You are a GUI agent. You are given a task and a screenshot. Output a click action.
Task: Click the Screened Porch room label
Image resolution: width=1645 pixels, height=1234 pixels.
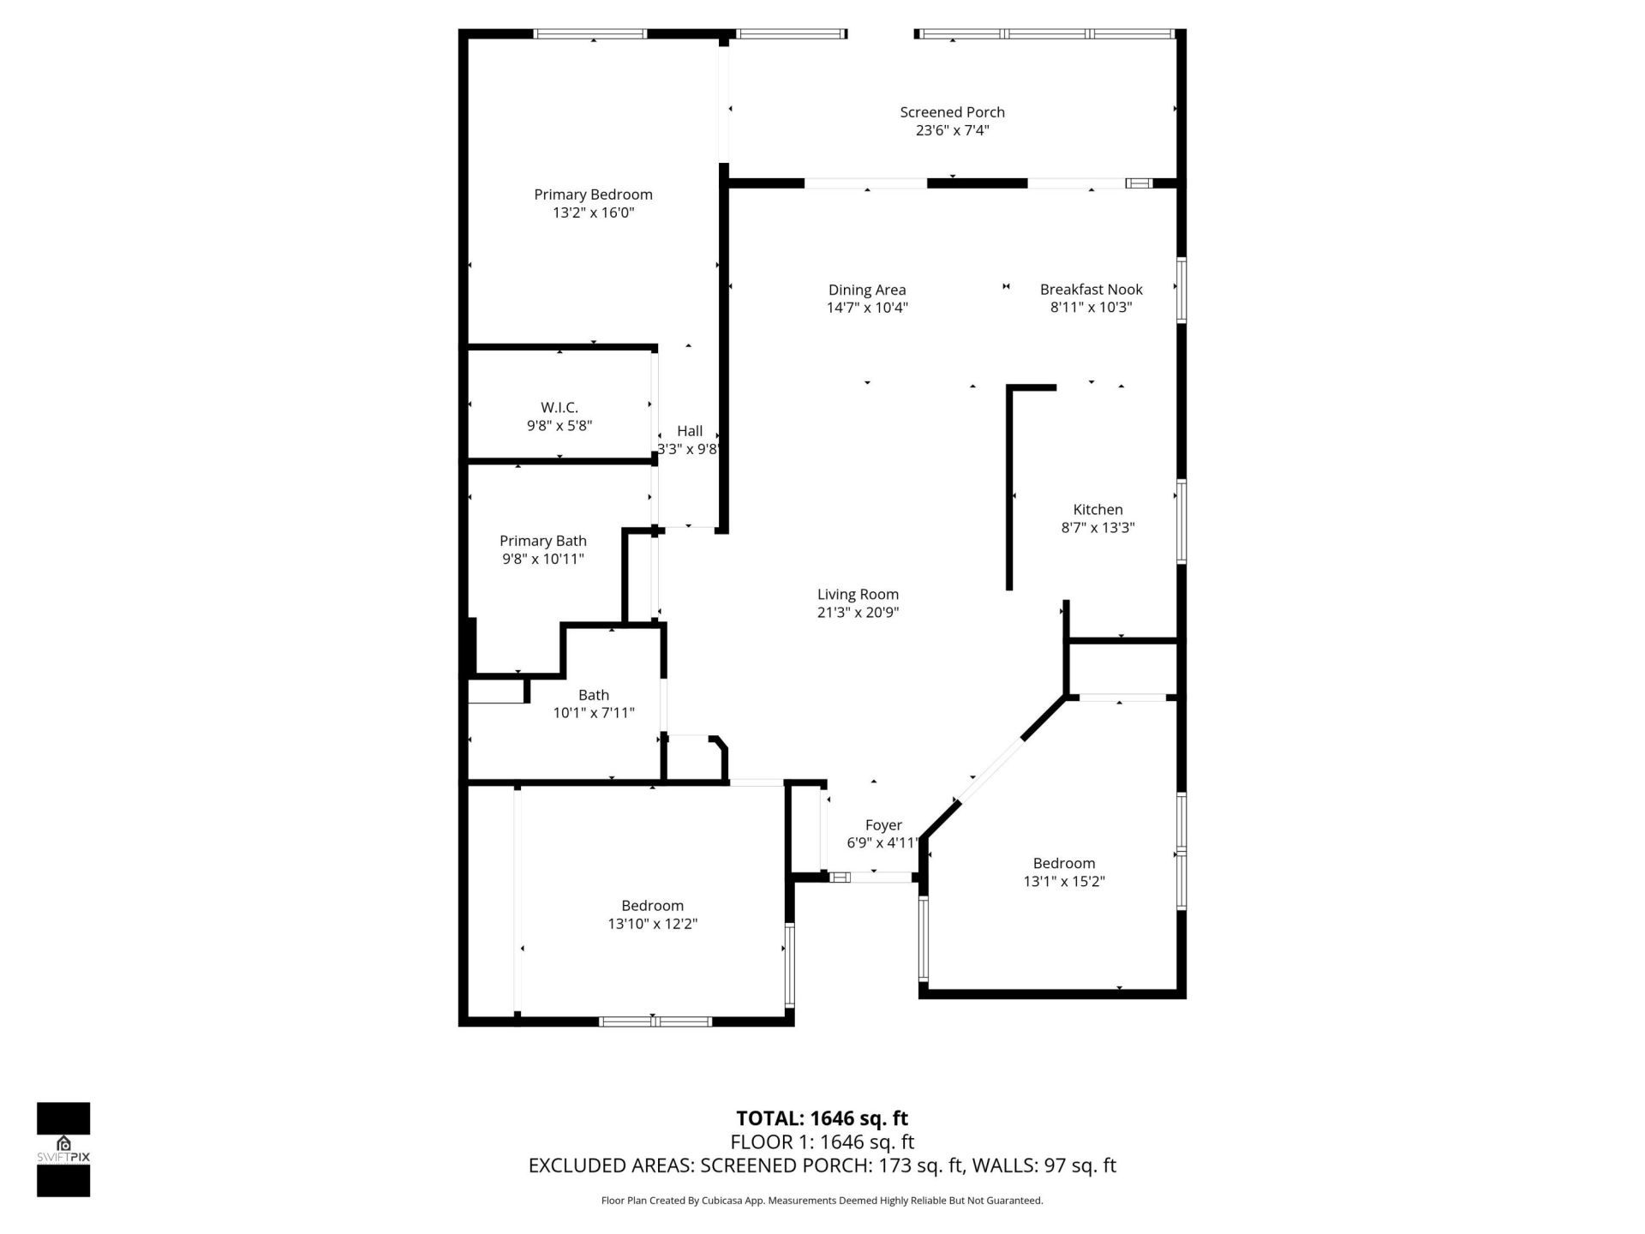(x=952, y=112)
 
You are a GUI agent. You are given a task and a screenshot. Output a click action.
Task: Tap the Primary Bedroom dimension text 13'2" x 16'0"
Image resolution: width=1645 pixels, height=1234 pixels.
(x=593, y=213)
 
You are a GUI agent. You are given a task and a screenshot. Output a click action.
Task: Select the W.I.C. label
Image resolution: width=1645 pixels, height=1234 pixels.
(x=559, y=408)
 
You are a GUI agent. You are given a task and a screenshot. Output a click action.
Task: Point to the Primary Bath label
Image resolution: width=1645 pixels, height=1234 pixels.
(x=543, y=541)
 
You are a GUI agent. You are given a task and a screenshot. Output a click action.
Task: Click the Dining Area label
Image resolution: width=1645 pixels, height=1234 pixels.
(x=866, y=290)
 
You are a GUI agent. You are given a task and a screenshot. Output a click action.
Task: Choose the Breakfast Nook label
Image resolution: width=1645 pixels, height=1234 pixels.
(x=1091, y=290)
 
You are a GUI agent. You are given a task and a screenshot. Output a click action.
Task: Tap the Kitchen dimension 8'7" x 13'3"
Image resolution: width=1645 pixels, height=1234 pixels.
(x=1098, y=528)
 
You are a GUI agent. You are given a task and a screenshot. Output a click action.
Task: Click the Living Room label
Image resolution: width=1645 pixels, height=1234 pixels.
(x=858, y=594)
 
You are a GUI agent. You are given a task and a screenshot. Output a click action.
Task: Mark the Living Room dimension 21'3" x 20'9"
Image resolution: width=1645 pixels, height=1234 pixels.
(x=858, y=613)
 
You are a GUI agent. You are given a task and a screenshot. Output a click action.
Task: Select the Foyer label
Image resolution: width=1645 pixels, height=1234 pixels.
(x=883, y=825)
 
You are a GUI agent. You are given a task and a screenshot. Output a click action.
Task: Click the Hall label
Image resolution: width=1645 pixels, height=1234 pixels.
(x=690, y=431)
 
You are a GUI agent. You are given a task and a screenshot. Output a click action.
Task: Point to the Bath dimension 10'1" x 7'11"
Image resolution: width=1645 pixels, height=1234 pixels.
(x=594, y=713)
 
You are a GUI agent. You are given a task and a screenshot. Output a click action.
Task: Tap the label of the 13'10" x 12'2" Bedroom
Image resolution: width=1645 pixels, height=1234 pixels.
(x=652, y=906)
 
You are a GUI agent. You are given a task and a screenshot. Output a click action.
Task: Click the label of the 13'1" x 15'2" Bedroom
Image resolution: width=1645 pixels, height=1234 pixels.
(x=1063, y=863)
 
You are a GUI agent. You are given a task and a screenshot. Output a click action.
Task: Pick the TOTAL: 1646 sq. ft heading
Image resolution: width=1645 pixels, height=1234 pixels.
(x=822, y=1118)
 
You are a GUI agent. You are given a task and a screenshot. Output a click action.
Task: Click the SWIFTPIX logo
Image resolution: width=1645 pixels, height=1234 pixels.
(x=63, y=1149)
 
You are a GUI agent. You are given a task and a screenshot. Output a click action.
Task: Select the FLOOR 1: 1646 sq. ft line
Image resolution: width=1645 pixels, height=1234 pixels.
(x=822, y=1142)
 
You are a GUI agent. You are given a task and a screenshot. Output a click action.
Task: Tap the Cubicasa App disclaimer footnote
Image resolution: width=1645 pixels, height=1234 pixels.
(x=822, y=1201)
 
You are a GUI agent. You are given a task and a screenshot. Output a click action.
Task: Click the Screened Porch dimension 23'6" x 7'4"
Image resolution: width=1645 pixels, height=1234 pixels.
(x=952, y=130)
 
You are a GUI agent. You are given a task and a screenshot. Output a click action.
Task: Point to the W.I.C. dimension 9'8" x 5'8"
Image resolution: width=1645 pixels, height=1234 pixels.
(x=559, y=426)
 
